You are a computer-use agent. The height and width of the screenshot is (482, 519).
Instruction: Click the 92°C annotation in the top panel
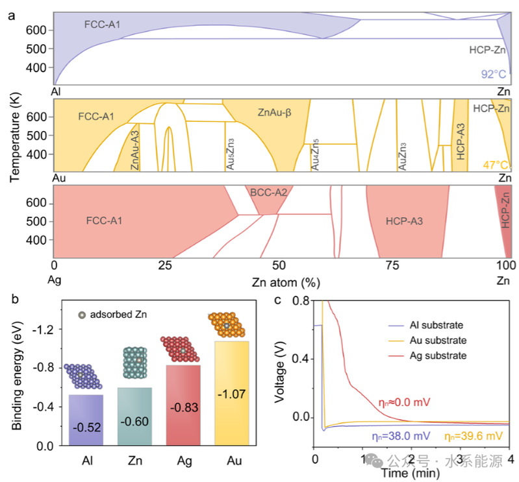click(493, 74)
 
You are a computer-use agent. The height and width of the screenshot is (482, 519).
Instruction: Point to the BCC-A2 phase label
click(268, 192)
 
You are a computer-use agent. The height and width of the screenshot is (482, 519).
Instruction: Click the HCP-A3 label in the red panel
click(404, 221)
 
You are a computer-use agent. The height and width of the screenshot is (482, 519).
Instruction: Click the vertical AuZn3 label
click(403, 156)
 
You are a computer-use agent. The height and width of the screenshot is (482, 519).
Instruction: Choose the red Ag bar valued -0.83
click(184, 405)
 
